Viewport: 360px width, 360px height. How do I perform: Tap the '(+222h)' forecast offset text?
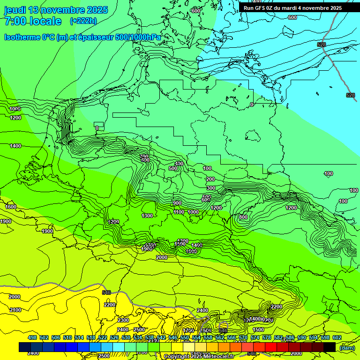(83, 21)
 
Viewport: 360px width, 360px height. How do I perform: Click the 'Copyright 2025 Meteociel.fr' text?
(199, 357)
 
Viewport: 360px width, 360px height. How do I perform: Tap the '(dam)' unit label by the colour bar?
(346, 348)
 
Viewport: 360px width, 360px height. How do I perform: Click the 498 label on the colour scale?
(32, 338)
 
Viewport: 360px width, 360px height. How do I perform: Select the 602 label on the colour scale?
(337, 338)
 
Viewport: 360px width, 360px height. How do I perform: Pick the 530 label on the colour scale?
(126, 338)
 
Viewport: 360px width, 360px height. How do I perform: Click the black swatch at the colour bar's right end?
(329, 347)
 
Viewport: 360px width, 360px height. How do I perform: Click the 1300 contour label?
(147, 216)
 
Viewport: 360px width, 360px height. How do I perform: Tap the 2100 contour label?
(15, 310)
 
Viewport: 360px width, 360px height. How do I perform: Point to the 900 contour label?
(177, 203)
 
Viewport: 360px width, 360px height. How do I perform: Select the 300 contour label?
(210, 188)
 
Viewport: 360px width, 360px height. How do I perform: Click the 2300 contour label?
(123, 320)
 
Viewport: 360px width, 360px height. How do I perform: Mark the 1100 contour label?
(179, 212)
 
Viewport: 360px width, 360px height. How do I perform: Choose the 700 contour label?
(144, 157)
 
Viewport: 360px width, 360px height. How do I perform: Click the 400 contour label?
(179, 164)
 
